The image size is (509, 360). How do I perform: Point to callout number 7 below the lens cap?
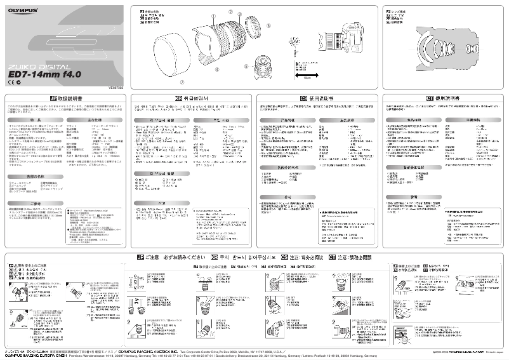click(182, 82)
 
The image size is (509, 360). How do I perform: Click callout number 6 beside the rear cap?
click(268, 26)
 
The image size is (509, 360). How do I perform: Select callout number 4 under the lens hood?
click(217, 69)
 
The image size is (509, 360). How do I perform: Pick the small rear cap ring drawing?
click(257, 27)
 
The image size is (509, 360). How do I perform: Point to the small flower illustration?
click(296, 43)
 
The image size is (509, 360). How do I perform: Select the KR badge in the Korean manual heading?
click(179, 98)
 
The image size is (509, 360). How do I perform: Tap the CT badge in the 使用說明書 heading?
click(429, 98)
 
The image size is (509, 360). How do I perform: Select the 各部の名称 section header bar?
click(35, 175)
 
